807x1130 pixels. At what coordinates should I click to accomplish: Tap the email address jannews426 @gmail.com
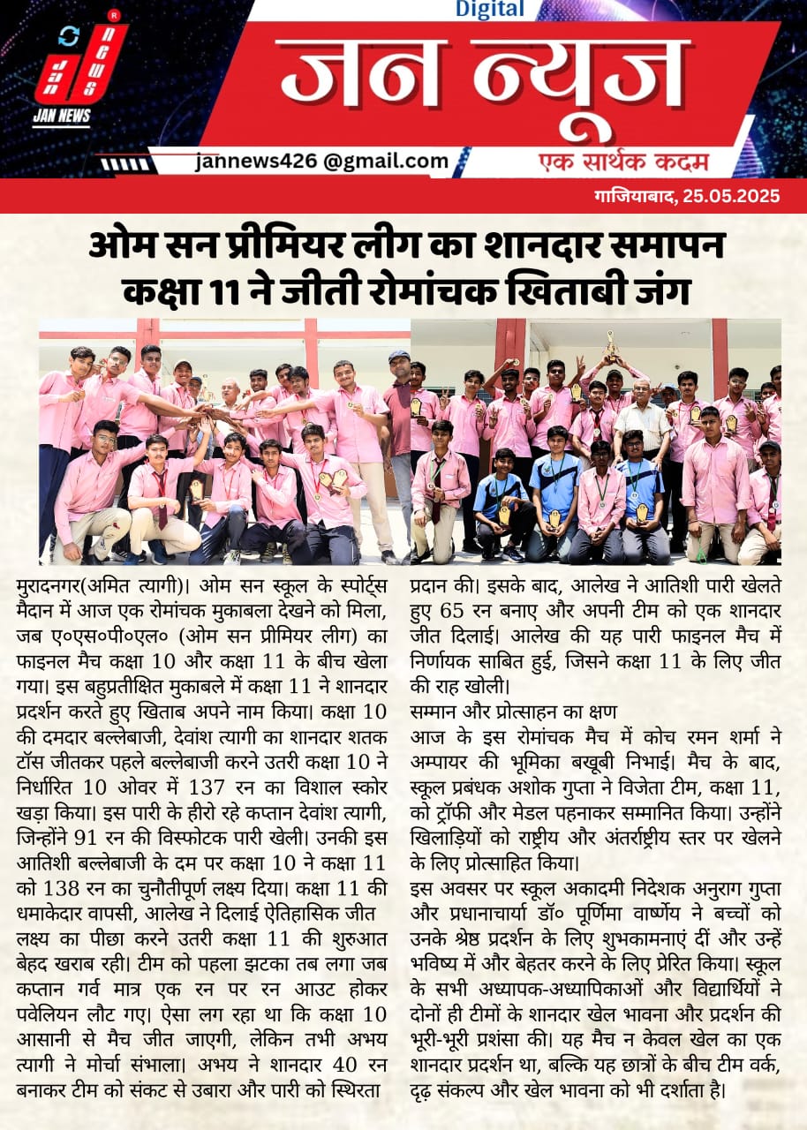322,161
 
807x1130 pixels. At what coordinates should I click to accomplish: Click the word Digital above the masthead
490,10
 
